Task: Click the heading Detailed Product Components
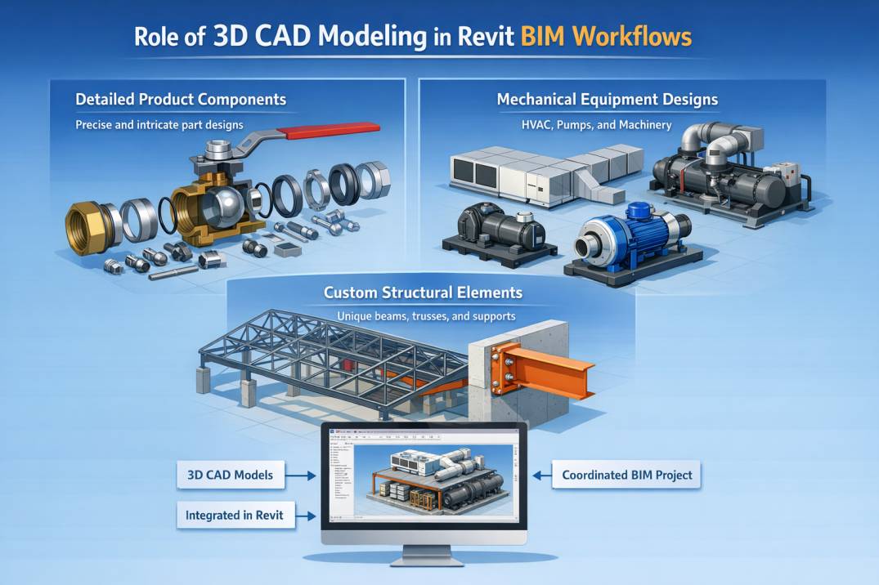[x=181, y=100]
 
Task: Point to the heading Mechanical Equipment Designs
[x=608, y=100]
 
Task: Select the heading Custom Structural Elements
[x=423, y=292]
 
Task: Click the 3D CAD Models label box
[x=224, y=474]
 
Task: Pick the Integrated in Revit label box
[x=235, y=516]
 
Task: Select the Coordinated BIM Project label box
[x=627, y=475]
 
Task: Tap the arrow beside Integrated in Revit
[x=306, y=516]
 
